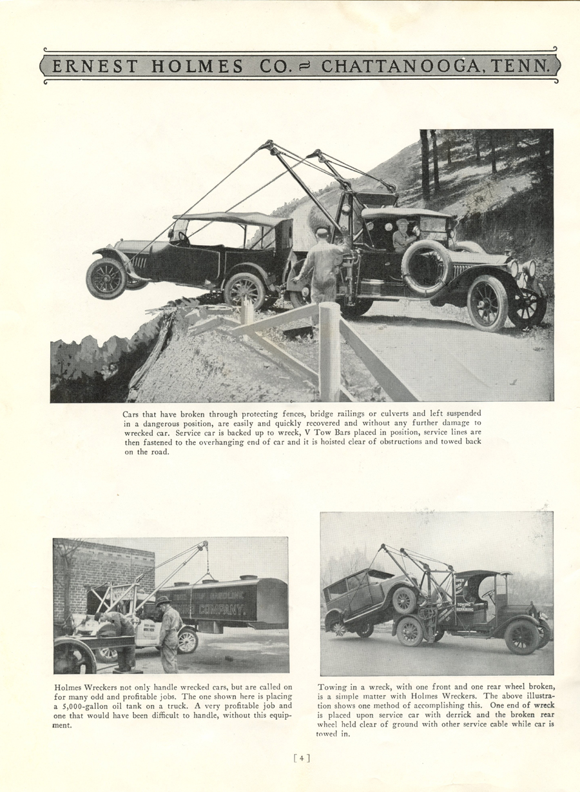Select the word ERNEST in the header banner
[x=93, y=66]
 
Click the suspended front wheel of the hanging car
[x=107, y=278]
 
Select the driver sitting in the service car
[x=404, y=236]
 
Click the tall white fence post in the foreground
[x=329, y=351]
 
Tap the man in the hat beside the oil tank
[x=169, y=633]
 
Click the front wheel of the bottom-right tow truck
[x=521, y=637]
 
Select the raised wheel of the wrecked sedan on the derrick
[x=404, y=600]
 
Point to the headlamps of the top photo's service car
[x=521, y=268]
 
